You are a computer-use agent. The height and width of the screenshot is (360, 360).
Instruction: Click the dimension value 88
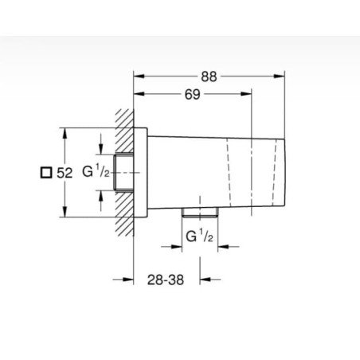click(209, 76)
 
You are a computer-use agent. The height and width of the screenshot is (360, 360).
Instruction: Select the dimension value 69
click(193, 95)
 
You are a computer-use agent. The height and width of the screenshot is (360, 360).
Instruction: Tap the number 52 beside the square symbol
click(65, 173)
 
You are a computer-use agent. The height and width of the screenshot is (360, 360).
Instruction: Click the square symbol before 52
click(46, 173)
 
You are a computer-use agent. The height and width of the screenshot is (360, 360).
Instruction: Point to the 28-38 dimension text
click(166, 280)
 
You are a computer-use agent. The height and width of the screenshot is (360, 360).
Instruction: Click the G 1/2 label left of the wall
click(96, 171)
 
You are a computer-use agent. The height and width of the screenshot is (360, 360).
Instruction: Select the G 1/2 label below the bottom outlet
click(199, 236)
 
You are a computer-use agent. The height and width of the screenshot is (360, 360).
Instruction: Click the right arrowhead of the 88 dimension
click(279, 76)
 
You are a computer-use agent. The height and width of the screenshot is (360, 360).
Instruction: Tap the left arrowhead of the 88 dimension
click(139, 76)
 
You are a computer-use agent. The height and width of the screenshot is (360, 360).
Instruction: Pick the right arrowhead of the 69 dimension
click(246, 94)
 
